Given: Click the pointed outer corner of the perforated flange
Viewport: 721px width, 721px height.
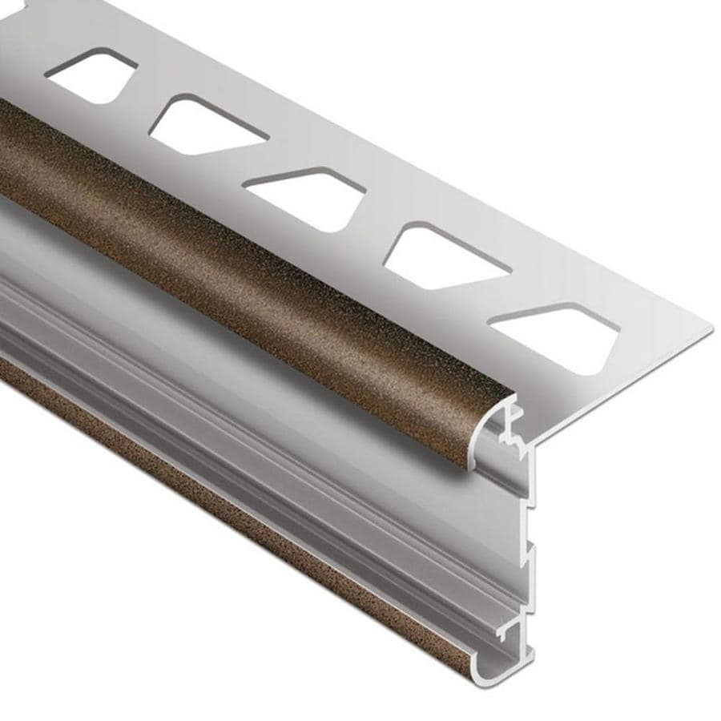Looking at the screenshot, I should (710, 328).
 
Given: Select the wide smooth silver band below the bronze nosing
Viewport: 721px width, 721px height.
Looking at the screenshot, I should (264, 377).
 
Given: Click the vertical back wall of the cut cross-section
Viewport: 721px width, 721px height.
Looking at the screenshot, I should (530, 545).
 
